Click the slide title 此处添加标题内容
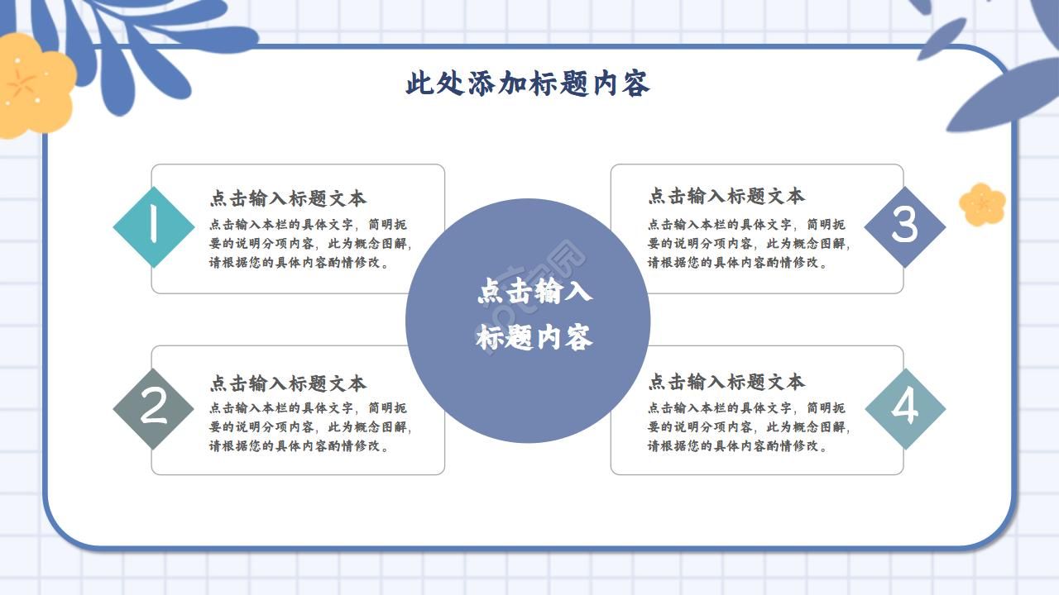(x=528, y=84)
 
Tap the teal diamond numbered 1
(x=153, y=226)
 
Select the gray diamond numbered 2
(x=153, y=408)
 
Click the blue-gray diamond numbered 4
(x=905, y=408)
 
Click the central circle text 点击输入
(x=534, y=293)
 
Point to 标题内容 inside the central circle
(x=534, y=338)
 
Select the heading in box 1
(x=287, y=198)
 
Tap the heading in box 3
(x=726, y=197)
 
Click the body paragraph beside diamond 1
(x=310, y=244)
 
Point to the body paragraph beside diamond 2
(x=310, y=427)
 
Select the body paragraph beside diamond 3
(x=749, y=244)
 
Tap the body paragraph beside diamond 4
(x=749, y=427)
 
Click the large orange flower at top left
(x=33, y=85)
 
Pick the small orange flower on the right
(x=982, y=204)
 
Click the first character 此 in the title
(x=419, y=84)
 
